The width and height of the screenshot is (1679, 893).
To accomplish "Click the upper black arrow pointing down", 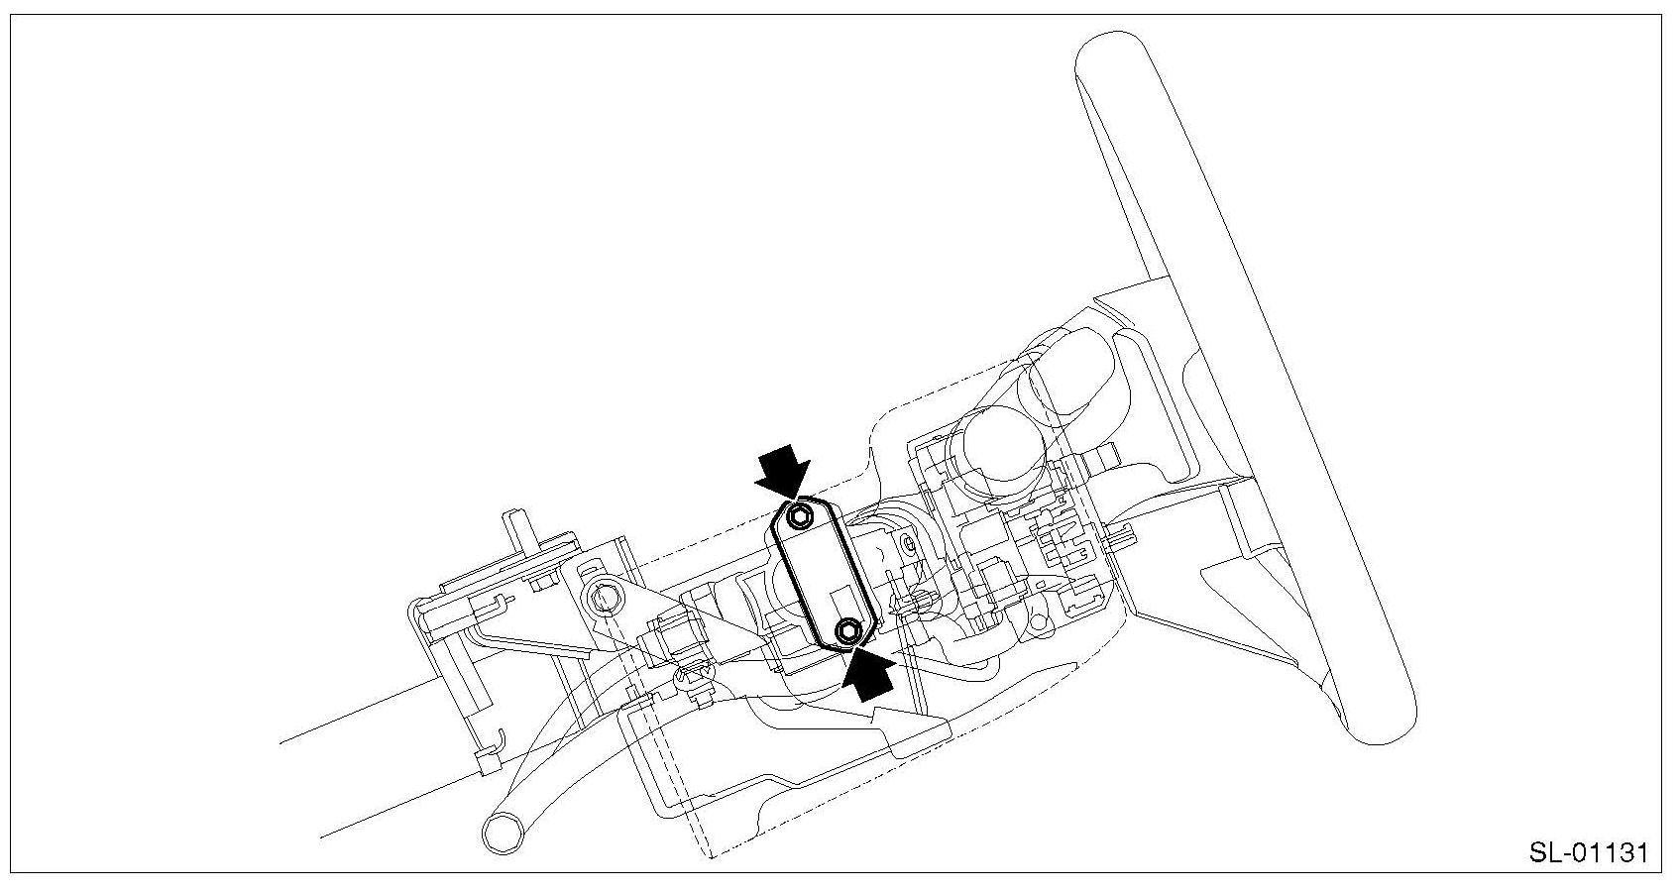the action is [x=782, y=471].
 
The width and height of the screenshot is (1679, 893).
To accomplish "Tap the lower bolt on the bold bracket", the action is [x=848, y=630].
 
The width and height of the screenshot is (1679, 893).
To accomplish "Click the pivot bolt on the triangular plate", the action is [x=601, y=596].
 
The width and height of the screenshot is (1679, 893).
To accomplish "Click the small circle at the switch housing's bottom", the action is [x=1037, y=624].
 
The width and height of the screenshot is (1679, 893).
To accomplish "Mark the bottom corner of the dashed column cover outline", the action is [x=711, y=855].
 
